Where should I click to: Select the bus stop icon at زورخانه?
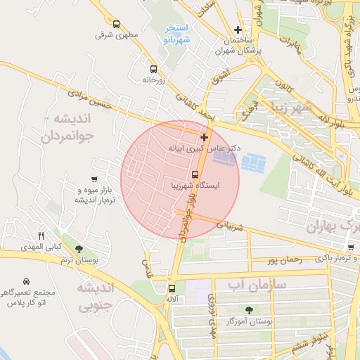[x=153, y=69]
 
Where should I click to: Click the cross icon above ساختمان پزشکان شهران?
[x=238, y=30]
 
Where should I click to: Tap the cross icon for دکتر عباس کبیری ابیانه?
[x=204, y=137]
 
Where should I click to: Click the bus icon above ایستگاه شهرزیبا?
[x=195, y=174]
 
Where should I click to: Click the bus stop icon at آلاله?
[x=172, y=288]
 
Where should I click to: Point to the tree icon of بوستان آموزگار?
[x=250, y=309]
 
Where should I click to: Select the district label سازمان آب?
[x=253, y=283]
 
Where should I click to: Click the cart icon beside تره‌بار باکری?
[x=350, y=247]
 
